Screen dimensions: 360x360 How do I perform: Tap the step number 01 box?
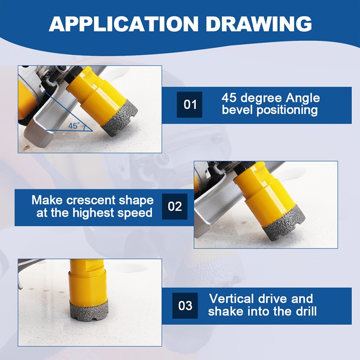pos(189,104)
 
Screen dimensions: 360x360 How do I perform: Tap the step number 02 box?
pos(175,207)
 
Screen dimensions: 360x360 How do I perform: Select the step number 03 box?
pos(185,306)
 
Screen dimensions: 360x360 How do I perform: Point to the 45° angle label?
pos(73,126)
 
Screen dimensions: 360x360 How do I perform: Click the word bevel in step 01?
pos(237,110)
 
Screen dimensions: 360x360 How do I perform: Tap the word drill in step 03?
pos(305,311)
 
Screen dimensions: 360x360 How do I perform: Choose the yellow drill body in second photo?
pos(265,193)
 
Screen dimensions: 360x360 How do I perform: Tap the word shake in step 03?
pos(224,311)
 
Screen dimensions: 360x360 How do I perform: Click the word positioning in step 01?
pos(288,110)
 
